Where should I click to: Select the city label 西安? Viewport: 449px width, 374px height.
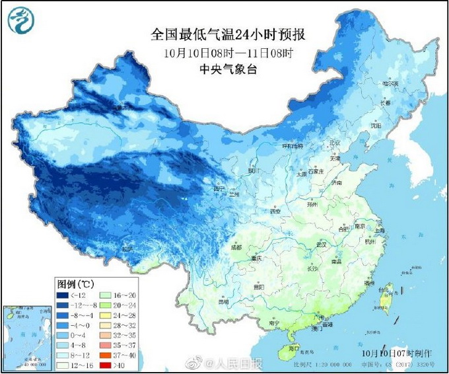(273, 211)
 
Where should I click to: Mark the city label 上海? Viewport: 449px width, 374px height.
(380, 230)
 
